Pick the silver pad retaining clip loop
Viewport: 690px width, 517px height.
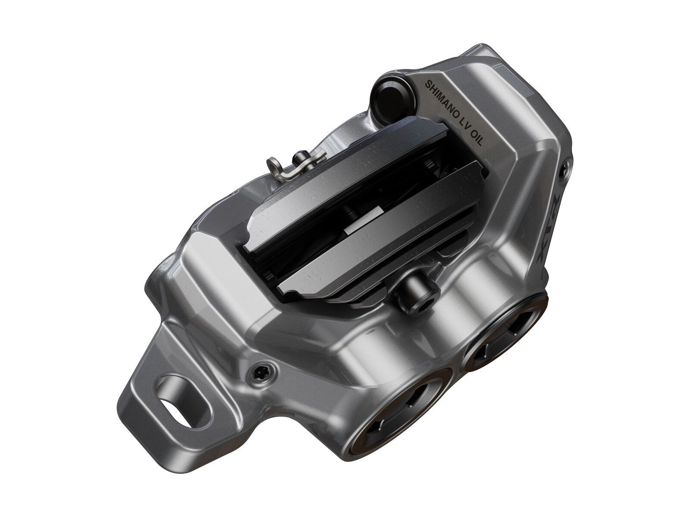276,165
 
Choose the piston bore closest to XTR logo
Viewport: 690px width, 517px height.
505,334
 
